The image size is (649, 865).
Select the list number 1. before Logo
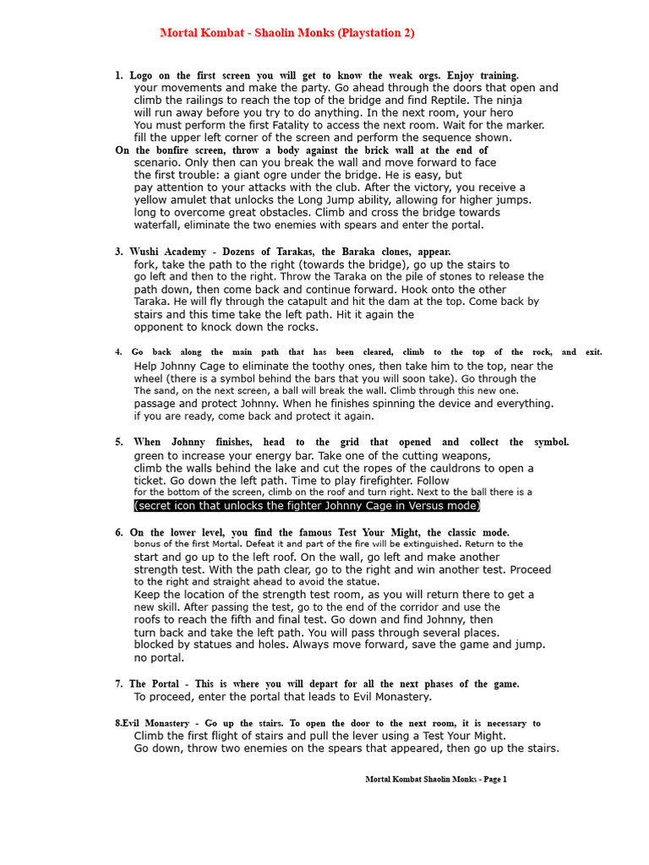[x=119, y=75]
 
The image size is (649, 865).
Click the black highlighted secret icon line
[x=307, y=506]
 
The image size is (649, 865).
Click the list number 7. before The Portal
[x=119, y=684]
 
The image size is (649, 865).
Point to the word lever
[x=319, y=736]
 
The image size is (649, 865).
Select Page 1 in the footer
[x=494, y=780]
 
